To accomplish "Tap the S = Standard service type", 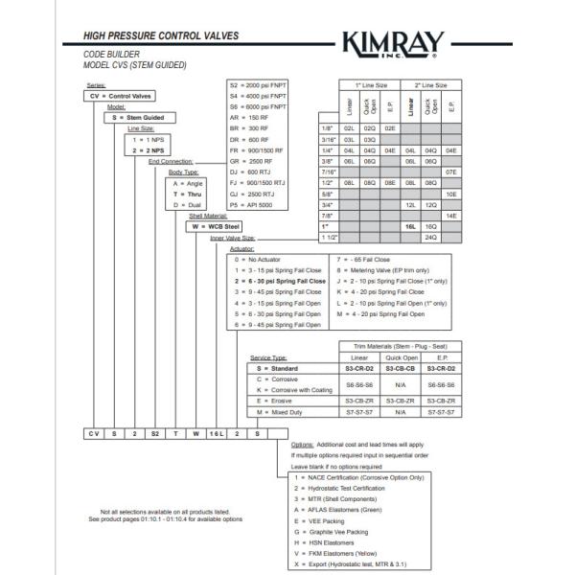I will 282,368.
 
